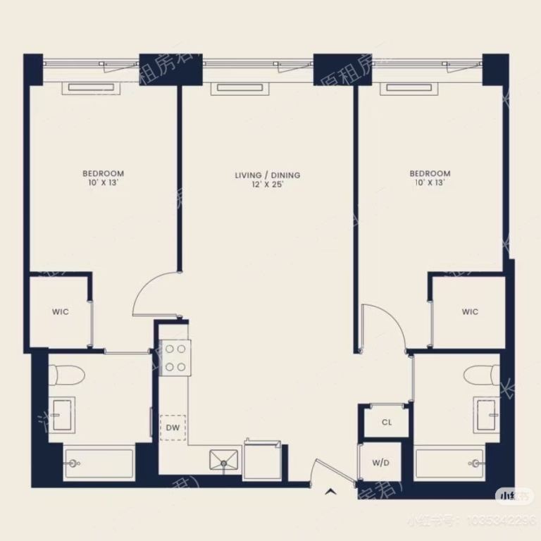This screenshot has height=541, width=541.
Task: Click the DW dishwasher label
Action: [x=173, y=428]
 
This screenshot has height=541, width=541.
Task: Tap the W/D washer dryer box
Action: [x=380, y=464]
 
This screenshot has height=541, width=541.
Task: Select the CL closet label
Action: [x=386, y=423]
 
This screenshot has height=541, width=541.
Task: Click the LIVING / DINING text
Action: [x=268, y=175]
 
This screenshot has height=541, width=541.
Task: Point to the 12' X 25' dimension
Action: [x=268, y=184]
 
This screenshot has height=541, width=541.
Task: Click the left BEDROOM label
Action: [x=103, y=174]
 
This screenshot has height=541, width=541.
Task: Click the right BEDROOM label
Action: [x=430, y=174]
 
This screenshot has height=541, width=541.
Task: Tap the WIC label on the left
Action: [x=61, y=312]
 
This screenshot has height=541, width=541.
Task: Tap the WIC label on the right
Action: [x=470, y=312]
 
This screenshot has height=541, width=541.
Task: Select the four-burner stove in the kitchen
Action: [x=174, y=357]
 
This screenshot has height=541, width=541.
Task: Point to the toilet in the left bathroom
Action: [x=68, y=374]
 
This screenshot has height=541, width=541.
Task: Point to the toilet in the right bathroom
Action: [x=481, y=374]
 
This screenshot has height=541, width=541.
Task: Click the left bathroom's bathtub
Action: [x=99, y=464]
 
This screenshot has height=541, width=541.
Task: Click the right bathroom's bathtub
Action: [x=449, y=464]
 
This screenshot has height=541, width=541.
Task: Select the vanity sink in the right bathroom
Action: [x=487, y=414]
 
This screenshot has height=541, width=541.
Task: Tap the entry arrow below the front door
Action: [x=330, y=492]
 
